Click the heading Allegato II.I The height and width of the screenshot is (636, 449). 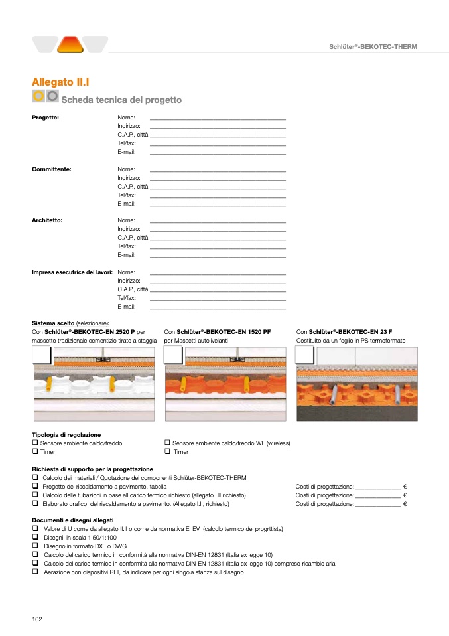pos(60,82)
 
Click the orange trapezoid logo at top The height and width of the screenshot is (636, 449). pos(70,44)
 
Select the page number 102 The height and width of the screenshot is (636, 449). pos(37,619)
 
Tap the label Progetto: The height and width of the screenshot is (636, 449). pos(46,118)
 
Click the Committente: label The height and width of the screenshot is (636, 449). pos(52,169)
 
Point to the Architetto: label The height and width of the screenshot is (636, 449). pos(47,220)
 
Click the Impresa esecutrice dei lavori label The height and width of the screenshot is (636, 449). pos(72,272)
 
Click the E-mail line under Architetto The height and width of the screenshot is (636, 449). pos(218,255)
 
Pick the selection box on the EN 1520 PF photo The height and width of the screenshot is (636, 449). pos(174,355)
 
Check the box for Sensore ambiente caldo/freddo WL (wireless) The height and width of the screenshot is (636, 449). pos(168,443)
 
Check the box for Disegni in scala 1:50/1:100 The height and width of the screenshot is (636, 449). pos(35,536)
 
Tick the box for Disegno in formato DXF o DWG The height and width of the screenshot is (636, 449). pos(35,545)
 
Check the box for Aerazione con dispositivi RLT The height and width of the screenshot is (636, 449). pos(35,571)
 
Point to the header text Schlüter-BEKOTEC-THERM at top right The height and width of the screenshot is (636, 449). pos(373,46)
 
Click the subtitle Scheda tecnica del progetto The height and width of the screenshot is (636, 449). pos(121,100)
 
